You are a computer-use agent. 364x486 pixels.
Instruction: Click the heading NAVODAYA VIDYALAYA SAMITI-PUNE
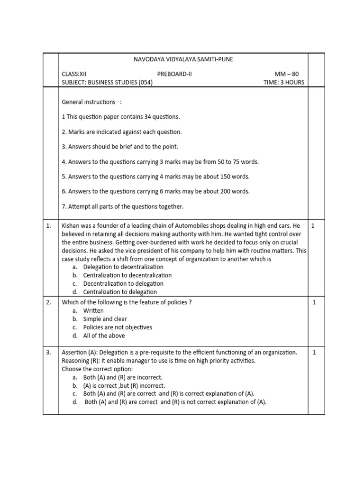(183, 59)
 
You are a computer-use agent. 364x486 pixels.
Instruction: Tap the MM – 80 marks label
(287, 74)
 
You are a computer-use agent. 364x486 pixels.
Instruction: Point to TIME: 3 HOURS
(284, 82)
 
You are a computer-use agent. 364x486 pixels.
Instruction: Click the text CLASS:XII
(74, 74)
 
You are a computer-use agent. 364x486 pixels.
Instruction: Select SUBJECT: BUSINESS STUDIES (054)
(107, 82)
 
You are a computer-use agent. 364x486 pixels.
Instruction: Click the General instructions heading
(89, 102)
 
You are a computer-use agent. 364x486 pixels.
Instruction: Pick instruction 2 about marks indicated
(122, 131)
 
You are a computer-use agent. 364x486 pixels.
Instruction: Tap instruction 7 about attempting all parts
(122, 206)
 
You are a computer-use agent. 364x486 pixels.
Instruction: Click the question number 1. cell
(49, 226)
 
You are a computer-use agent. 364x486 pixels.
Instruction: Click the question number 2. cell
(49, 302)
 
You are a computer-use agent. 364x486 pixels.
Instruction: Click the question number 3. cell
(49, 352)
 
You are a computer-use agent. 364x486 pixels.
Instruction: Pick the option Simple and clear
(105, 319)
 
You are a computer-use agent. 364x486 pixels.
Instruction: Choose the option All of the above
(104, 336)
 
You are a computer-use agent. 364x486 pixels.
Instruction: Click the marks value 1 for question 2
(314, 302)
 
